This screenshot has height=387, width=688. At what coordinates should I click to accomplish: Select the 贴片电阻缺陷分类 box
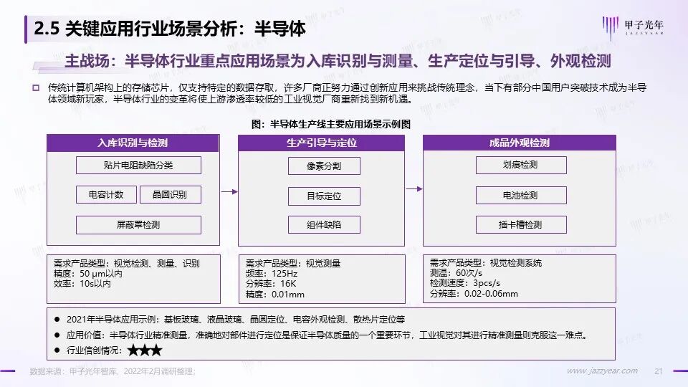tap(138, 166)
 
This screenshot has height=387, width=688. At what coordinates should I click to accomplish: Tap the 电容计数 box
tap(106, 195)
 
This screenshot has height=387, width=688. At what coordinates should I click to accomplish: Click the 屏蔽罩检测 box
tap(138, 225)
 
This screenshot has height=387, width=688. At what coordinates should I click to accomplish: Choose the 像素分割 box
tap(324, 166)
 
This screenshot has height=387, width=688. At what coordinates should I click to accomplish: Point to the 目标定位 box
tap(324, 195)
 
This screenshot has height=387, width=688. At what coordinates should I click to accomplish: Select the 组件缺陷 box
tap(324, 225)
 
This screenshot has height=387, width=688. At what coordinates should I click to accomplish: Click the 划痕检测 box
tap(520, 165)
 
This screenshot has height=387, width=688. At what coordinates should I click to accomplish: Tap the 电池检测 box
tap(520, 195)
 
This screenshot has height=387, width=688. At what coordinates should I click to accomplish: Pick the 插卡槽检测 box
tap(520, 224)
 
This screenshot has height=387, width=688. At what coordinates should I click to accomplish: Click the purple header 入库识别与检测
tap(133, 143)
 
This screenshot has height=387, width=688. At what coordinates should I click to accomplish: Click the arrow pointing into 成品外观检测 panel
tap(413, 190)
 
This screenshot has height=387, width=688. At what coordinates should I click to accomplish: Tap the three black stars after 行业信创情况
tap(145, 351)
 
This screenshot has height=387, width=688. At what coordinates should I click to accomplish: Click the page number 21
tap(659, 371)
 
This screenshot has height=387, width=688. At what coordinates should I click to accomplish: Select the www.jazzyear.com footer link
tap(601, 371)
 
